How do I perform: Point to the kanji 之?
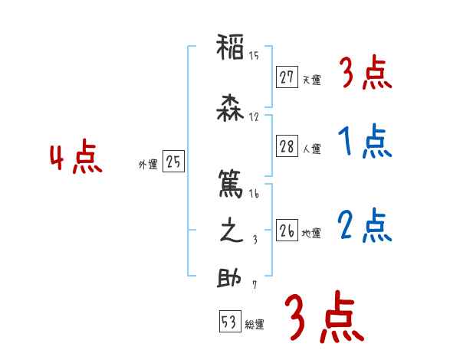click(x=230, y=232)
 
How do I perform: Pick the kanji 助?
click(x=230, y=279)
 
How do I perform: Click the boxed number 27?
click(x=287, y=77)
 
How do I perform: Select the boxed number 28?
click(x=287, y=147)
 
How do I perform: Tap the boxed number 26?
click(x=287, y=231)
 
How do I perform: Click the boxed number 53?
click(x=229, y=322)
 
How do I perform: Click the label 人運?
click(x=311, y=149)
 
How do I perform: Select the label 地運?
click(x=311, y=233)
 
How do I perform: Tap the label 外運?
click(x=148, y=164)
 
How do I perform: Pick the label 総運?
click(x=255, y=325)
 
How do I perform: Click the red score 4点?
click(x=75, y=159)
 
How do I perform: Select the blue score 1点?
click(x=364, y=141)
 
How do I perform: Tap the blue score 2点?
click(x=364, y=224)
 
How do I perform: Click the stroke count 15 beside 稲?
click(x=254, y=55)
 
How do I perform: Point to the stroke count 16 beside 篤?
click(x=254, y=194)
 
